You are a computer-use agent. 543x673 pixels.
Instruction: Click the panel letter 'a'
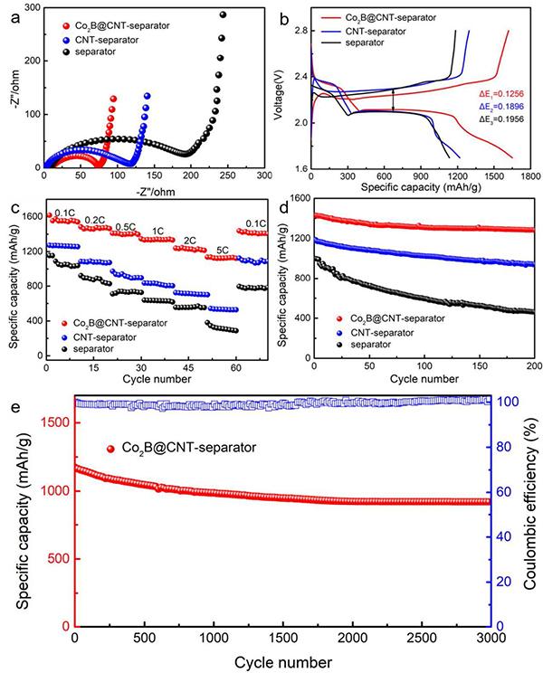click(x=15, y=13)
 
